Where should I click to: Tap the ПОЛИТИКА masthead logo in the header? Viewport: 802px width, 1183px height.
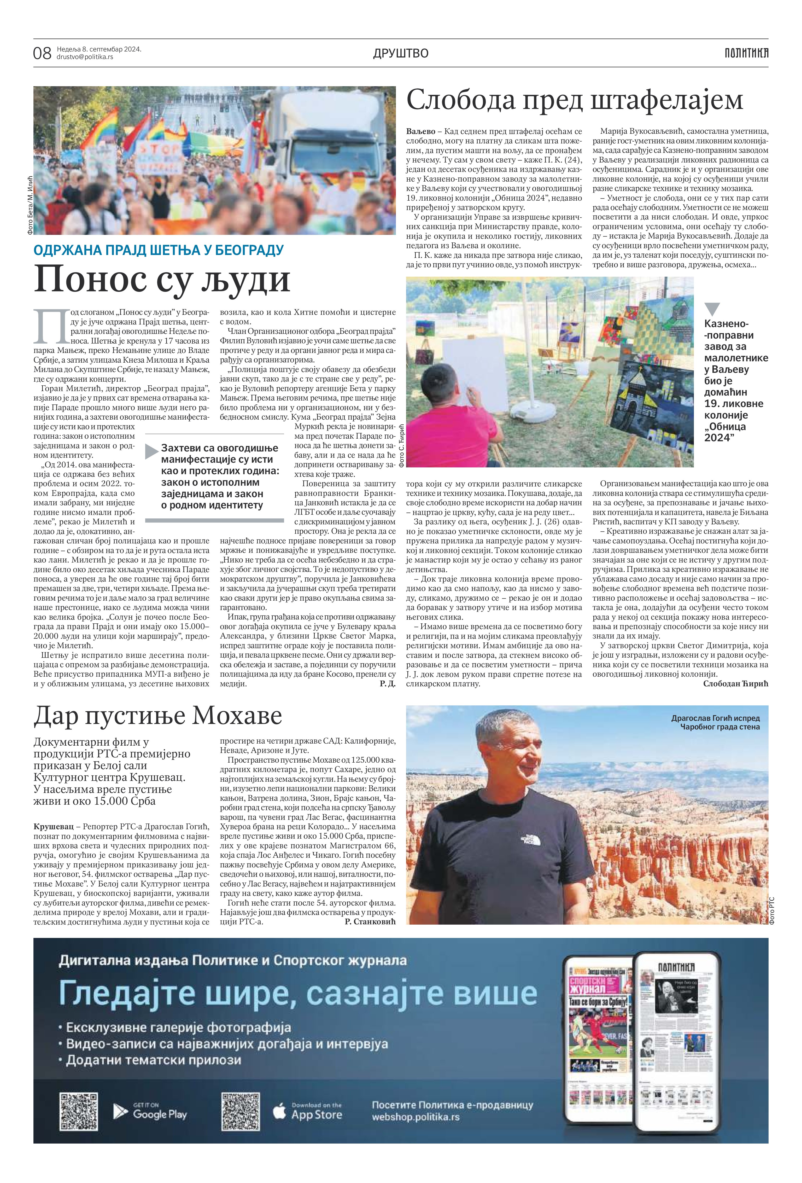pos(746,53)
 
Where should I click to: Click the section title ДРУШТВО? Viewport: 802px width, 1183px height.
pos(401,53)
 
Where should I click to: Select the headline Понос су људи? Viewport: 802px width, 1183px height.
pos(162,279)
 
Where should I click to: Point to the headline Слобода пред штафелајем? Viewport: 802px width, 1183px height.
pos(575,100)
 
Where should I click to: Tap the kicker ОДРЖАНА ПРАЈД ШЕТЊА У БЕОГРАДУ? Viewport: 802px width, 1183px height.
pos(158,250)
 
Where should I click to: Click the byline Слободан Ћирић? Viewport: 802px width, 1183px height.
pos(735,684)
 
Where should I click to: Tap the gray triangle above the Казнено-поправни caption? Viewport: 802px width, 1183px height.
pos(712,309)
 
